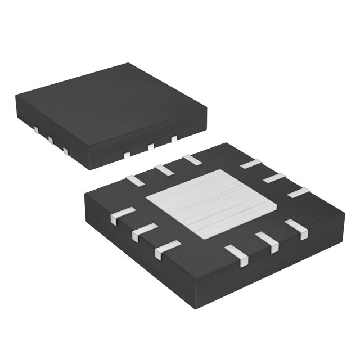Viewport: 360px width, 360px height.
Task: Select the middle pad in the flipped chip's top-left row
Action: [164, 169]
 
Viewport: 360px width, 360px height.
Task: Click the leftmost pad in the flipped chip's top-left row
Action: [135, 180]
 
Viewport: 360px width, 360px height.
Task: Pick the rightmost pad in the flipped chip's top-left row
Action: [192, 159]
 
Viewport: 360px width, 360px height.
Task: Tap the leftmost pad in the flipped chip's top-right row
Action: [251, 164]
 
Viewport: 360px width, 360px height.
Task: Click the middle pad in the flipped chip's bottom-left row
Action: [146, 230]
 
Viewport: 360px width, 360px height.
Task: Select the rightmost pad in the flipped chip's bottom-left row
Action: [168, 247]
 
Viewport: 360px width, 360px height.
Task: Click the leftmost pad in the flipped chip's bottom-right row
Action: [237, 255]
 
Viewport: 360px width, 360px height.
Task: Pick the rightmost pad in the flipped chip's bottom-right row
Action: [296, 229]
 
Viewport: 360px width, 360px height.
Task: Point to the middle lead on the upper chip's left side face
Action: [50, 141]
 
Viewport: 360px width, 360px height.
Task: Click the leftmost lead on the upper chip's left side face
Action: [35, 131]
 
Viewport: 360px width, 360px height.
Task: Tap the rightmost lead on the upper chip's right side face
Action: [174, 138]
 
